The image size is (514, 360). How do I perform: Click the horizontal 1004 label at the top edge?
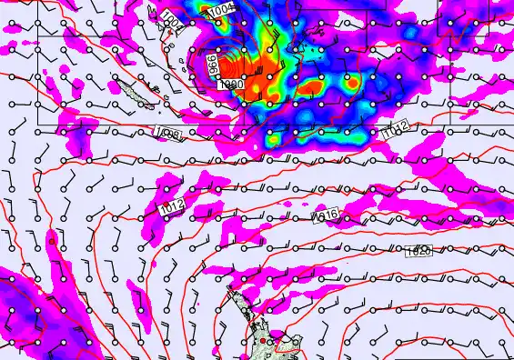coord(220,10)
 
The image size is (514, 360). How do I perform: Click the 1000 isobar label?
coord(231,84)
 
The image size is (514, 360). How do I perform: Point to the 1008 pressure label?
coord(169,135)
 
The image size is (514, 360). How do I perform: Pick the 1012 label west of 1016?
coord(171,206)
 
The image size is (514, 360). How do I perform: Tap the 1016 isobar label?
coord(325,215)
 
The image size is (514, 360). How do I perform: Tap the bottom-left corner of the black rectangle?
coord(38,124)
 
